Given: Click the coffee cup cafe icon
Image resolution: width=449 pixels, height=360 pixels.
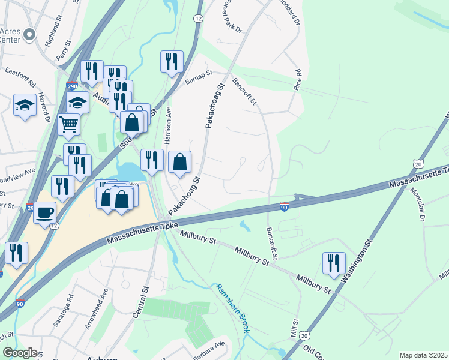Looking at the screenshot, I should pyautogui.click(x=44, y=212).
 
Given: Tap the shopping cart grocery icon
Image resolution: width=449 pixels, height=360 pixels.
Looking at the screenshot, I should pyautogui.click(x=69, y=125).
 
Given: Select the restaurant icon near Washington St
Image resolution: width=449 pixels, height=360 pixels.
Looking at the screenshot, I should pyautogui.click(x=333, y=263).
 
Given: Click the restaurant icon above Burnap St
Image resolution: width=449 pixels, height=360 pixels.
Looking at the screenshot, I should pyautogui.click(x=172, y=61).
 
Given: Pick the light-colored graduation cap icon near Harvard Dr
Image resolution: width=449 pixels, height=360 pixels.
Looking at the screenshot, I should pyautogui.click(x=25, y=106).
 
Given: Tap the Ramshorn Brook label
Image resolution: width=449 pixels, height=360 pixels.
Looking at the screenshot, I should pyautogui.click(x=233, y=308).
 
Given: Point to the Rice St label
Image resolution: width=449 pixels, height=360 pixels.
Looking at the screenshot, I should pyautogui.click(x=298, y=80).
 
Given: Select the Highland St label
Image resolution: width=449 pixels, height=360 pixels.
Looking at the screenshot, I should pyautogui.click(x=55, y=36).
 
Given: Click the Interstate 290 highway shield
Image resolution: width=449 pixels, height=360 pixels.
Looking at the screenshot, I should pyautogui.click(x=72, y=86).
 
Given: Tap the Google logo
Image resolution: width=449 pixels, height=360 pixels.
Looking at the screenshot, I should pyautogui.click(x=20, y=353).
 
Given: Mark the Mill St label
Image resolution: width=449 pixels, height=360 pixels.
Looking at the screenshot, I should pyautogui.click(x=295, y=330).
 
